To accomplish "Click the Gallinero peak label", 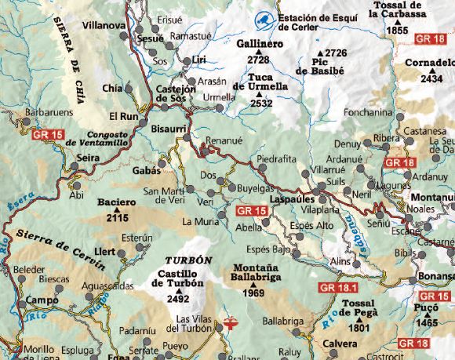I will click(x=259, y=45).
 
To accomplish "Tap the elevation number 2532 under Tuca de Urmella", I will click(x=261, y=103).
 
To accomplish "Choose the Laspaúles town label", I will click(x=291, y=200).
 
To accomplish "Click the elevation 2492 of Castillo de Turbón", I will click(x=178, y=298).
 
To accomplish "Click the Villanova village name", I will click(x=104, y=26).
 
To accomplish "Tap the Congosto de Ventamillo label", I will click(x=97, y=138).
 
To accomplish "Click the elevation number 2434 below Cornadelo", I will click(x=431, y=78).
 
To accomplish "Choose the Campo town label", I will click(x=38, y=300).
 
